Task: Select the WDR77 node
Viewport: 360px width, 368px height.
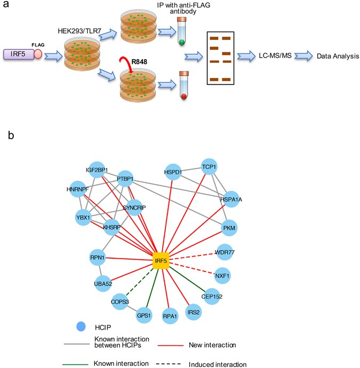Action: tap(226, 252)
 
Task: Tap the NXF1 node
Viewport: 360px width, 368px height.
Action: tap(223, 276)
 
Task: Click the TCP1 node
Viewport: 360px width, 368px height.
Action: tap(209, 166)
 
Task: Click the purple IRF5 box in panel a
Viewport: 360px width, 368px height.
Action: tap(19, 54)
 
